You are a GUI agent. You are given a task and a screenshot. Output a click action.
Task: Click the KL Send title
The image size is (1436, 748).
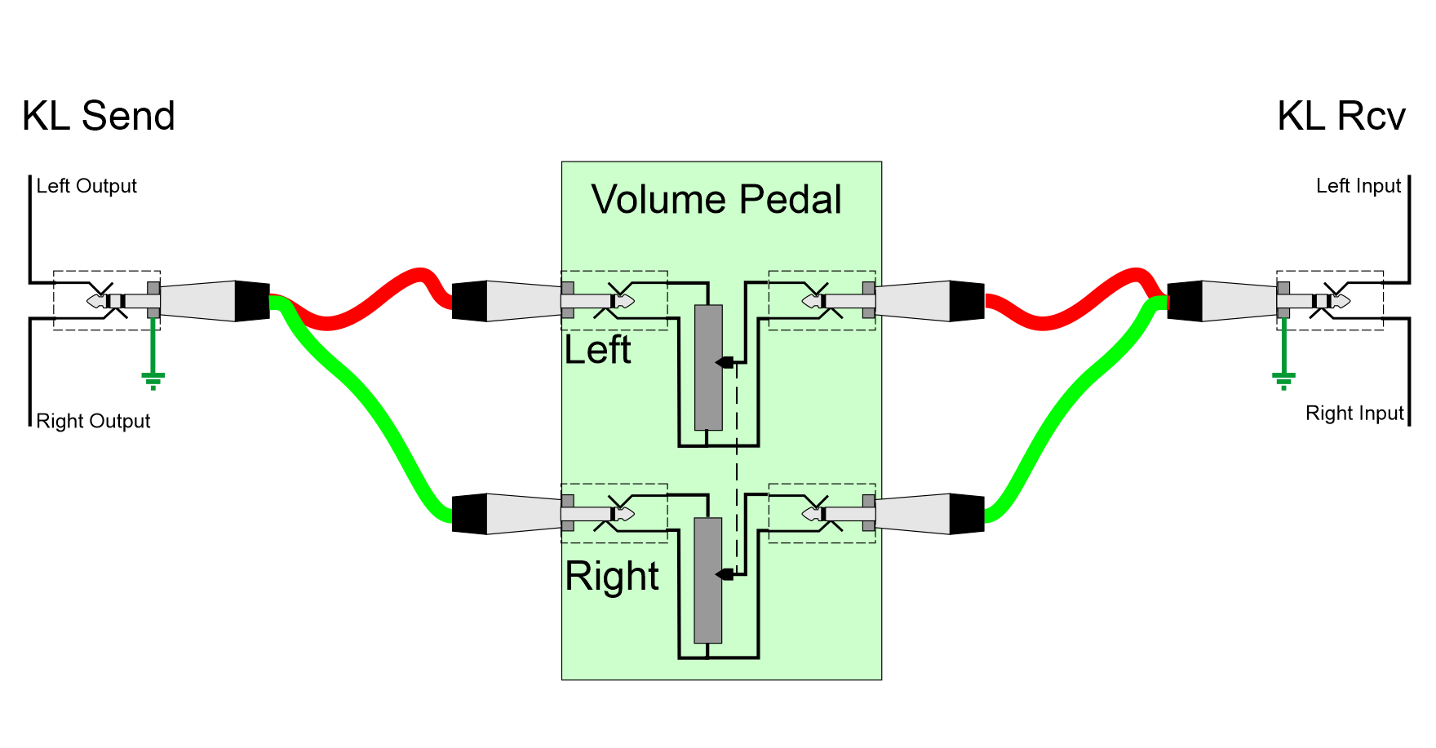[98, 116]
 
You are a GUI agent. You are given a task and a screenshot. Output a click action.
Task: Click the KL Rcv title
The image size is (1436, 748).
[1341, 116]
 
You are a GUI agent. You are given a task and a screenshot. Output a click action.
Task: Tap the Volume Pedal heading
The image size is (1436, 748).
[716, 200]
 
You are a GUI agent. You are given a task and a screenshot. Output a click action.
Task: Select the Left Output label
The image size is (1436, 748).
[86, 186]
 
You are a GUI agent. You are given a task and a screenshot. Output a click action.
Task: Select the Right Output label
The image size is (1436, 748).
[93, 421]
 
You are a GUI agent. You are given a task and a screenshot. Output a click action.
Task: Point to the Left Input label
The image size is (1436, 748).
[1358, 186]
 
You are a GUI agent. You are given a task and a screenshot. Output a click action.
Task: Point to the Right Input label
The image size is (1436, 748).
[1354, 413]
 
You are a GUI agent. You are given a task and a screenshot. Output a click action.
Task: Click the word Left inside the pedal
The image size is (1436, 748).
[597, 350]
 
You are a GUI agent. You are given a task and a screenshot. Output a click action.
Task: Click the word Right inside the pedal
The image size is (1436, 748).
[612, 576]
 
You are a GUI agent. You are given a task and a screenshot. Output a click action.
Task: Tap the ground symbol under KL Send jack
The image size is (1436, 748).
[153, 379]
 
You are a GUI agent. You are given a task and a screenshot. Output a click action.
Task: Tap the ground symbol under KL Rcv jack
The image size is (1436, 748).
[1283, 379]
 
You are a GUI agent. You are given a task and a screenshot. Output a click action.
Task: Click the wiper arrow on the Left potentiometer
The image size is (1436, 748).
[724, 362]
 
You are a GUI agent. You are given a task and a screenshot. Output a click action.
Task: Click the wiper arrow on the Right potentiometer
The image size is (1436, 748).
[724, 574]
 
